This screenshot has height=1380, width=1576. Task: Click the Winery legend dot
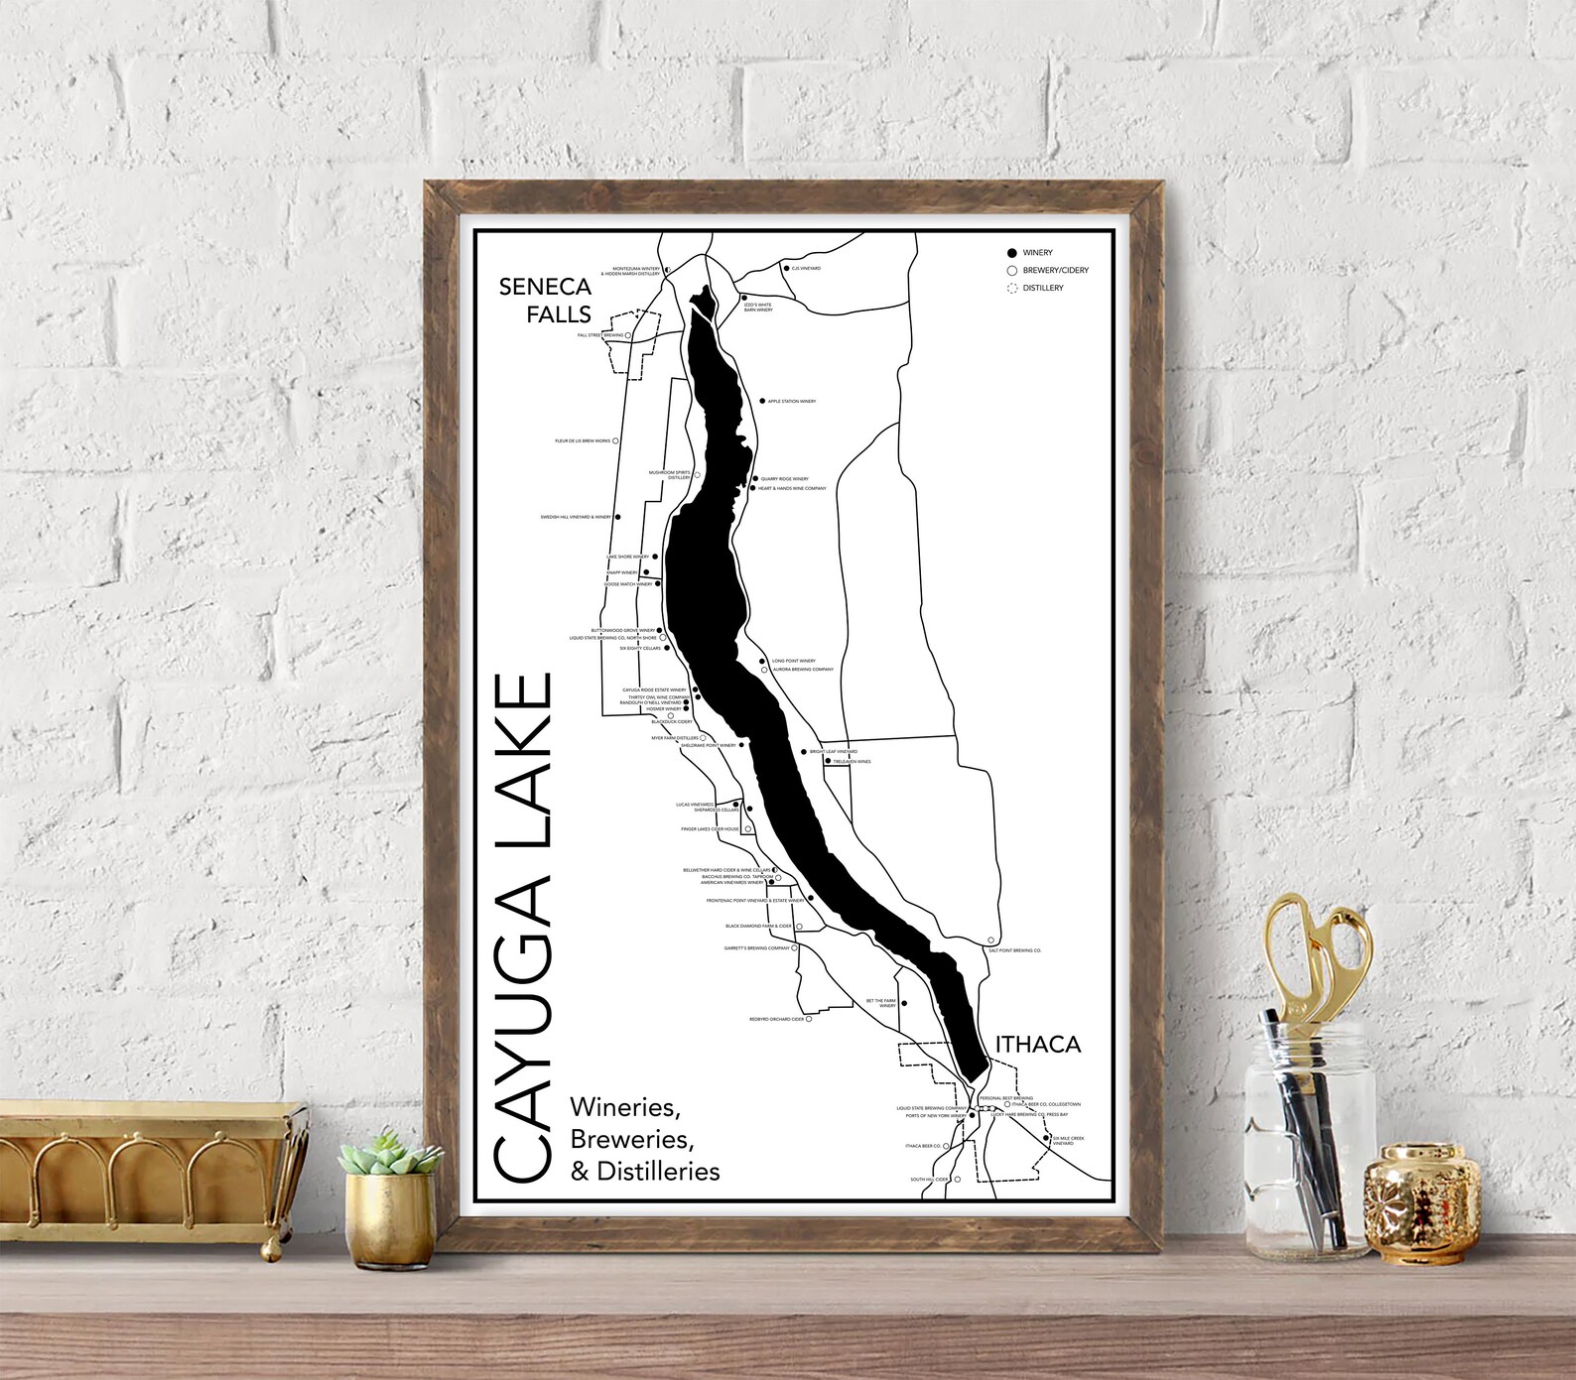[x=1011, y=253]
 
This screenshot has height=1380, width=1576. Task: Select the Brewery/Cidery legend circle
[x=1011, y=270]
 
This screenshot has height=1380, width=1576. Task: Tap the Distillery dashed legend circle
[x=1011, y=288]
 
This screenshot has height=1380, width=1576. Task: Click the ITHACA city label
[x=1037, y=1044]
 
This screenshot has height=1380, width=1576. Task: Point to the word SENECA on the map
[x=545, y=287]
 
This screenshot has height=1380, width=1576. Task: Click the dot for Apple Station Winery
[x=762, y=401]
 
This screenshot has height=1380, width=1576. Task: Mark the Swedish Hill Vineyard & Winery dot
[x=617, y=517]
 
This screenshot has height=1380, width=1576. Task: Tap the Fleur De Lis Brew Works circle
[x=615, y=440]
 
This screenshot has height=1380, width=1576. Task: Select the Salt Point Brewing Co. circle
[x=990, y=941]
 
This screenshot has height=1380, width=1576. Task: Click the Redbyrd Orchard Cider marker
[x=808, y=1019]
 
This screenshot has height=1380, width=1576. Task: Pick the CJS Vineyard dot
[x=785, y=268]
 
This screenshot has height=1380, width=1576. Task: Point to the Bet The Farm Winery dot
[x=902, y=1004]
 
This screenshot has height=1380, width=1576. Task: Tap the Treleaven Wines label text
[x=852, y=762]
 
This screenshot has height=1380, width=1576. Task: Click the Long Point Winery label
[x=794, y=661]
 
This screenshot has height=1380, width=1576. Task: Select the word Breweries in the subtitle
[x=631, y=1139]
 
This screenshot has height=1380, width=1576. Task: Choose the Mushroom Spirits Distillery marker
[x=697, y=475]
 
